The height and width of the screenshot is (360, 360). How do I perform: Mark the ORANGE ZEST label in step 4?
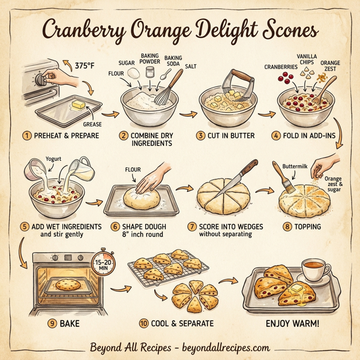pyautogui.click(x=330, y=68)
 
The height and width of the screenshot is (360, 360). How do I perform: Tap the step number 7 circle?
pyautogui.click(x=192, y=227)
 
